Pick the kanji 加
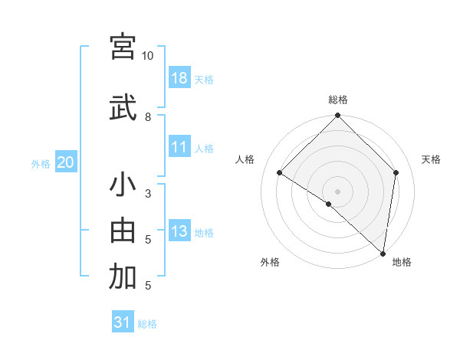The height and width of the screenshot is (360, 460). pyautogui.click(x=123, y=277)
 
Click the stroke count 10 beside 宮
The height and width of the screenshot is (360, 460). pyautogui.click(x=147, y=56)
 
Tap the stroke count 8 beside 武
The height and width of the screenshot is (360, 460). pyautogui.click(x=147, y=116)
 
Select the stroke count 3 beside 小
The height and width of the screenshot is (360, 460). pyautogui.click(x=147, y=194)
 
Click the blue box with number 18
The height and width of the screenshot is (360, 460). pyautogui.click(x=179, y=78)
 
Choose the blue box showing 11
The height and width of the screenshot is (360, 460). pyautogui.click(x=179, y=147)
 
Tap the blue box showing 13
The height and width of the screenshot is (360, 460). pyautogui.click(x=179, y=231)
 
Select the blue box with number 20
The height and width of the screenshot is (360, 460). pyautogui.click(x=66, y=162)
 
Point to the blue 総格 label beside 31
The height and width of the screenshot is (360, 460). pyautogui.click(x=147, y=324)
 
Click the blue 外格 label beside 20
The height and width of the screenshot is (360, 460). pyautogui.click(x=41, y=163)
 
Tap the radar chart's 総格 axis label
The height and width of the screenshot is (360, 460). pyautogui.click(x=338, y=100)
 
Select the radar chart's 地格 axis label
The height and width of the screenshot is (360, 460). pyautogui.click(x=402, y=262)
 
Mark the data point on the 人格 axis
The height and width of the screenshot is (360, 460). pyautogui.click(x=280, y=173)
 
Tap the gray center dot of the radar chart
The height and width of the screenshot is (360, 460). pyautogui.click(x=338, y=191)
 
